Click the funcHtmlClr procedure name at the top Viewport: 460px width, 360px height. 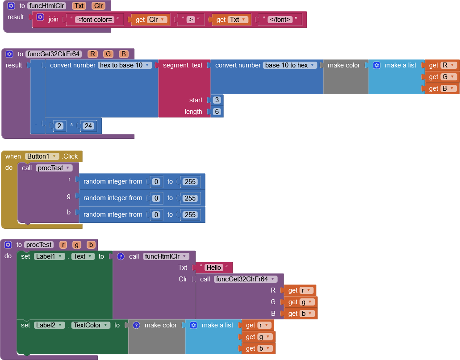46,6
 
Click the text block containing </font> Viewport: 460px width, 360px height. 280,20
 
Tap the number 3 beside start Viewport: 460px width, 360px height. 217,100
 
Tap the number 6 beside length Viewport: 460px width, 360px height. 217,112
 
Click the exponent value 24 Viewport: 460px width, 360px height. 88,126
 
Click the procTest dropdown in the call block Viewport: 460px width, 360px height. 54,168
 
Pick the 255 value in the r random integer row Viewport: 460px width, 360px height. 190,182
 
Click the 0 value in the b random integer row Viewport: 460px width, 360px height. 156,215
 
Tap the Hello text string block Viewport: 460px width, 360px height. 214,268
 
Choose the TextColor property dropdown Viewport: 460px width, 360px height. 91,325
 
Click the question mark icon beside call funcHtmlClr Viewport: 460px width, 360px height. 121,256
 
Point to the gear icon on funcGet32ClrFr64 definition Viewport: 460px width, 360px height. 9,54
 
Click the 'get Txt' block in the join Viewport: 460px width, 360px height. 231,20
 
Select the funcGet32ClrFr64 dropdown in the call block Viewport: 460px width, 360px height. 245,279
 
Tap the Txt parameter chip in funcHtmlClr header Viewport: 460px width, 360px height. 79,6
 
